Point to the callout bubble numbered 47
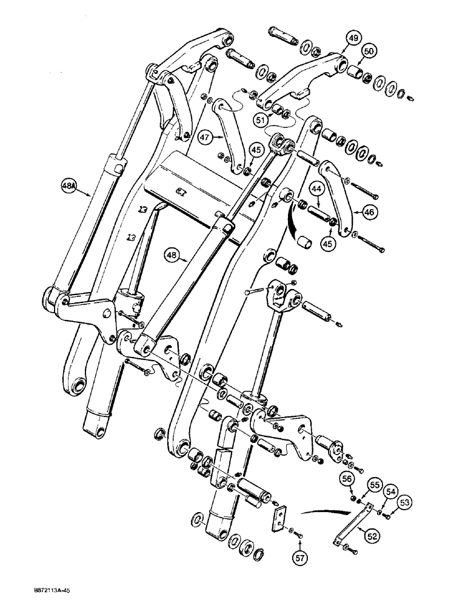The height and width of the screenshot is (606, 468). pos(205,138)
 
